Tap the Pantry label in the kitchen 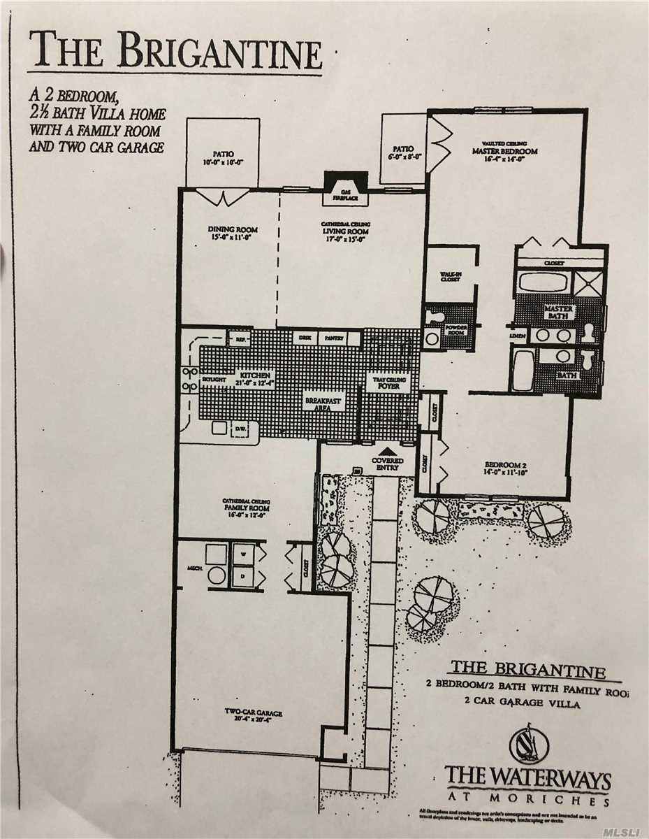(334, 338)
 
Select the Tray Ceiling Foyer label (386, 382)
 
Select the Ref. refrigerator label (242, 340)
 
